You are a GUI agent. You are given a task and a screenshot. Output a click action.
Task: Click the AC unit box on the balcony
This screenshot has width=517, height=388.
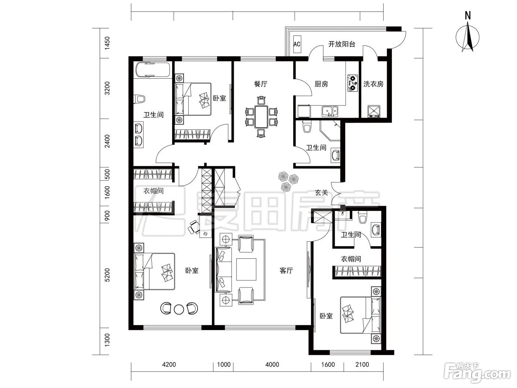click(297, 44)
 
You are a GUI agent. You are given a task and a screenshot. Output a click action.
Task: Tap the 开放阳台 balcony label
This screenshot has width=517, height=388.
click(342, 44)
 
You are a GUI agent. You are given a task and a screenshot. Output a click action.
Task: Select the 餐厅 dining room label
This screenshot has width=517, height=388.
click(260, 84)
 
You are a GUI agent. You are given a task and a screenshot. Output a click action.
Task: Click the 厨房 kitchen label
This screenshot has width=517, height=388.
click(321, 84)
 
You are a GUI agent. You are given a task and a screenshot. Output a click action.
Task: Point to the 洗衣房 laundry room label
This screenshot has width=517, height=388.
click(373, 84)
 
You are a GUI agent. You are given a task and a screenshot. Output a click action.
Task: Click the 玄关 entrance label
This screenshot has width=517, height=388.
click(322, 193)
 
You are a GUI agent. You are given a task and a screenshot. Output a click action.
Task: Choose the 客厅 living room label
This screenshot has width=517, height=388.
click(286, 270)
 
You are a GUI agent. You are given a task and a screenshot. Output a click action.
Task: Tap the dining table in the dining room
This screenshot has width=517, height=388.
click(261, 117)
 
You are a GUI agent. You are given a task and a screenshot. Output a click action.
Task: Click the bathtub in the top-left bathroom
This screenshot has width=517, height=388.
click(153, 69)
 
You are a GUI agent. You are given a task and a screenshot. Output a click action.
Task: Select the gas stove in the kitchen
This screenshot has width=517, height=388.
click(352, 83)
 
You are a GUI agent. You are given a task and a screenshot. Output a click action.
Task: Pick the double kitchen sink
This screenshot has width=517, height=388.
click(330, 112)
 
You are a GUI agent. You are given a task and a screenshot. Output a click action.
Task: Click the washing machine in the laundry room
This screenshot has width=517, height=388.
click(374, 111)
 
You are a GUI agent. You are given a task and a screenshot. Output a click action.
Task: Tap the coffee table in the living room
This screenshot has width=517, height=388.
click(246, 269)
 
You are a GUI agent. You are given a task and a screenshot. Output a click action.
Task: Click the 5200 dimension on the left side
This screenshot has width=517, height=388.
click(107, 275)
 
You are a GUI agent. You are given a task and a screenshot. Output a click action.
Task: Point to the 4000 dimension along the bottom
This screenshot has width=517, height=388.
click(272, 365)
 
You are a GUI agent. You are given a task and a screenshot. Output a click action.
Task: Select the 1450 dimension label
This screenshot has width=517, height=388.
click(107, 43)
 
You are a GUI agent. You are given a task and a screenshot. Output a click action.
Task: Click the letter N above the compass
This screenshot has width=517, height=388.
click(468, 16)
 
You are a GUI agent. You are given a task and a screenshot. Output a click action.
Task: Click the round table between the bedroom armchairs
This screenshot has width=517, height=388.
click(179, 309)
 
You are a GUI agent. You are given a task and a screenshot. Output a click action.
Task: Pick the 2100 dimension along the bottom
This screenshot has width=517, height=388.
click(362, 365)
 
